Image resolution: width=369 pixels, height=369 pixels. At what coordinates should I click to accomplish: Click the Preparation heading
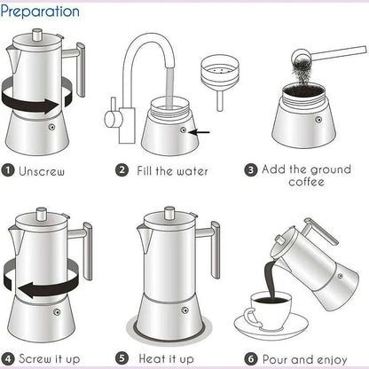click(41, 12)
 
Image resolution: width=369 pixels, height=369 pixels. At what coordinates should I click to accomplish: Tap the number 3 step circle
click(251, 169)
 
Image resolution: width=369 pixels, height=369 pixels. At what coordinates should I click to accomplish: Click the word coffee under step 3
click(306, 182)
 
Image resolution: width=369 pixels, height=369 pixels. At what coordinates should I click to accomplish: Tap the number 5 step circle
click(122, 360)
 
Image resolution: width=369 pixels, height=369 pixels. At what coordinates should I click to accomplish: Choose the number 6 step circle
click(250, 360)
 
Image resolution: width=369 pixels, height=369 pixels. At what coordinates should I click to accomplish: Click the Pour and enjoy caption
click(307, 360)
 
